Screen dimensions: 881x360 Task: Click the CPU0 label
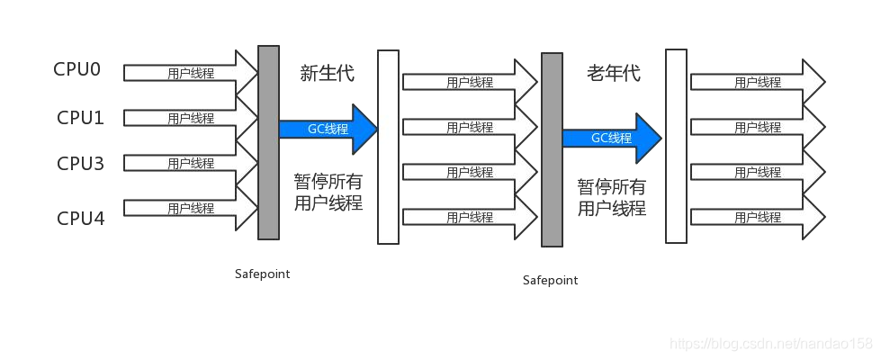[77, 69]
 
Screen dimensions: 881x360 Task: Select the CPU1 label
[80, 118]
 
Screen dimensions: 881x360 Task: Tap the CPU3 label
[80, 164]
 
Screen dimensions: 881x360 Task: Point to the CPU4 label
[81, 217]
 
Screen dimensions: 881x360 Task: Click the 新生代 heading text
[327, 73]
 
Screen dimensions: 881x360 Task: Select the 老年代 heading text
[614, 73]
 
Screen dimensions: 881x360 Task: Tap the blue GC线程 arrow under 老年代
[613, 139]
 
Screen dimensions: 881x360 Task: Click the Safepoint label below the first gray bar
[263, 274]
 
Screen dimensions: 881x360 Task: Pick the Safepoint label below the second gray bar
[550, 280]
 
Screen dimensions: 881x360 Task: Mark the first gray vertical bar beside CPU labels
[268, 143]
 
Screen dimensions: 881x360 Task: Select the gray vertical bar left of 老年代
[552, 149]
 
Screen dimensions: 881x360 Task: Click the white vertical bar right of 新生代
[388, 147]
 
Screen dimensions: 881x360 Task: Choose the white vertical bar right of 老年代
[677, 146]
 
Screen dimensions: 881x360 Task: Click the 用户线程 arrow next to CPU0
[191, 73]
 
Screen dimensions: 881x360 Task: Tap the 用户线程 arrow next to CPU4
[191, 209]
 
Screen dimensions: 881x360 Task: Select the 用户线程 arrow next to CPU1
[191, 118]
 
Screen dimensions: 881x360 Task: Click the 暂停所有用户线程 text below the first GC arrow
[328, 192]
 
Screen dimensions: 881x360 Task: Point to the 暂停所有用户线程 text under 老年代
[612, 197]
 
